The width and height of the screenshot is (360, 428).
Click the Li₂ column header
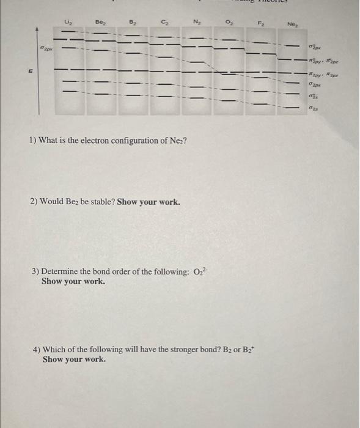68,23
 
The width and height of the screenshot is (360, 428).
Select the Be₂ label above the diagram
100,22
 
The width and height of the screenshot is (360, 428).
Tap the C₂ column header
164,23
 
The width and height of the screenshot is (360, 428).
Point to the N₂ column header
196,23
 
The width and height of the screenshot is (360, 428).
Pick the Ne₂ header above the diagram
292,25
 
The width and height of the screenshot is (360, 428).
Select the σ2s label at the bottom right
313,108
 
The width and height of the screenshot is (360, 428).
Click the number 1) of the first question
33,141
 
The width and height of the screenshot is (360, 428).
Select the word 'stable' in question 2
100,201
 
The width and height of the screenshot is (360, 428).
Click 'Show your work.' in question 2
149,201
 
